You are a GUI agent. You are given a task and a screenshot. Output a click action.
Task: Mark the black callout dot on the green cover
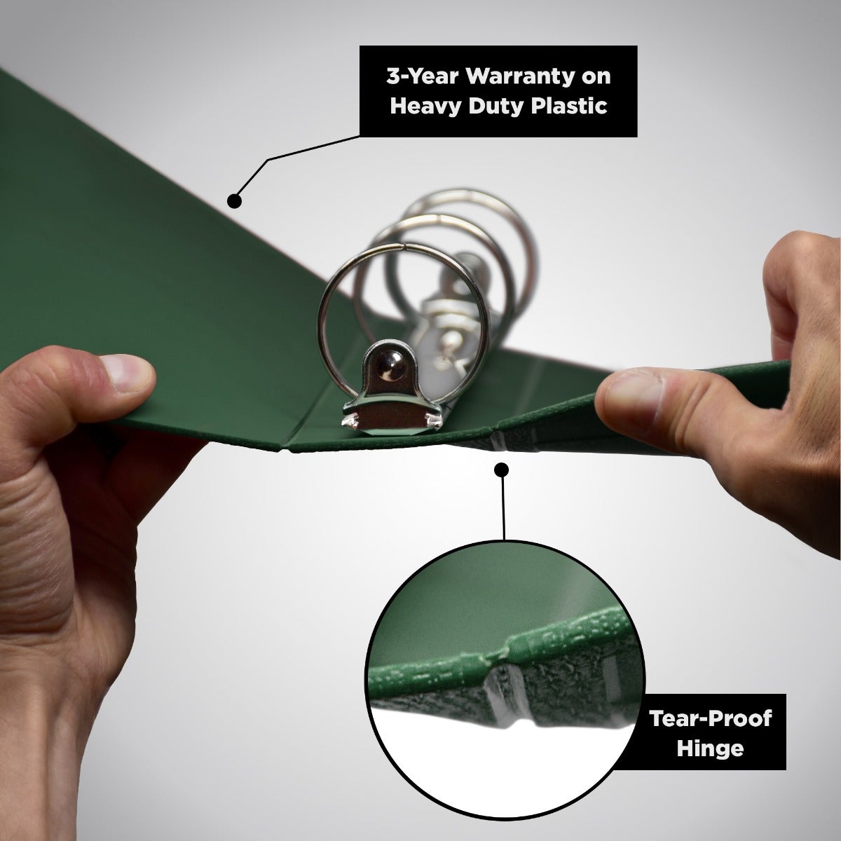(234, 200)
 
